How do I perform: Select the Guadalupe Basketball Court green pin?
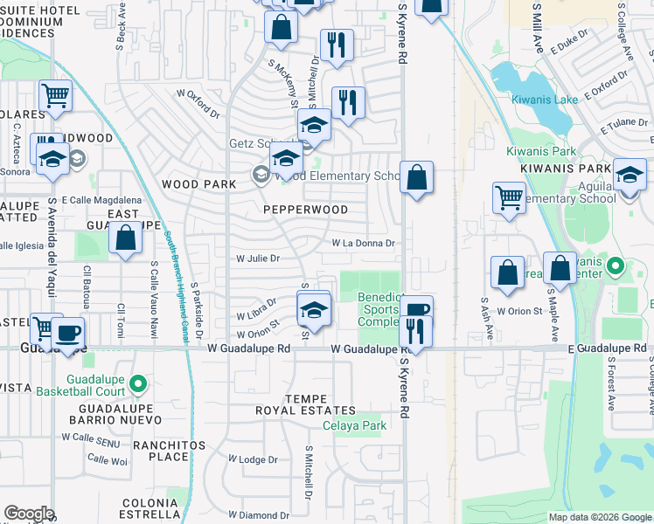click(138, 383)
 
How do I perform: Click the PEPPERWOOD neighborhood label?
click(306, 210)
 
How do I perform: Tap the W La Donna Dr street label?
click(363, 244)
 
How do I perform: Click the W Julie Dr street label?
click(258, 259)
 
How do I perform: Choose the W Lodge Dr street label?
click(253, 459)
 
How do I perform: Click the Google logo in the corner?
click(29, 514)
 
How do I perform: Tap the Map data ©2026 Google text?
click(600, 517)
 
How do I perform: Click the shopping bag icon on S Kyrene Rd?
click(417, 177)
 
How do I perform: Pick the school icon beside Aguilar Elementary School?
click(630, 175)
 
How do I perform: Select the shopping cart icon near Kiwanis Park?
click(509, 196)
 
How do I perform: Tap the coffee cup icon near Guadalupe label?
click(67, 332)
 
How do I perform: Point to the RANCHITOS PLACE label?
click(157, 451)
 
